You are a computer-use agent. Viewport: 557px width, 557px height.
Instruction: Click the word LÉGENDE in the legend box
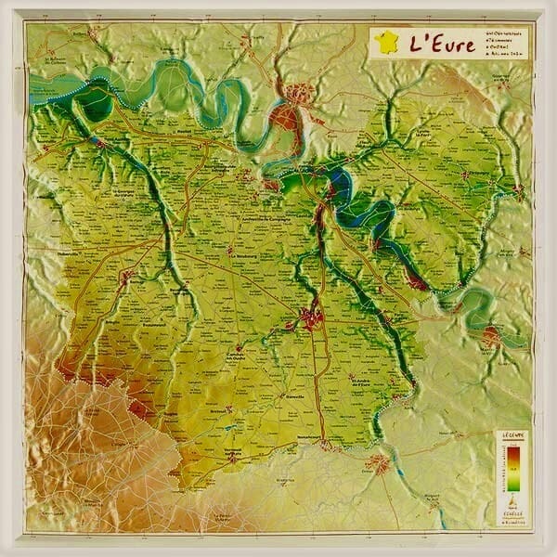[513, 434]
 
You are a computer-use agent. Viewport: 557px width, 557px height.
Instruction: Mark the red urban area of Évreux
[310, 318]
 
